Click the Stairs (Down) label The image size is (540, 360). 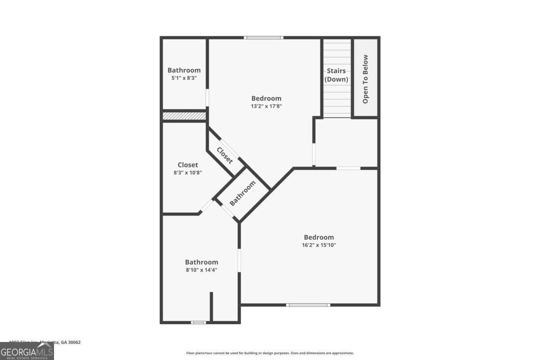(x=336, y=75)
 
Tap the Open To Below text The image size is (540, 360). (x=365, y=79)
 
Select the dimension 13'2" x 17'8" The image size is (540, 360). (x=266, y=106)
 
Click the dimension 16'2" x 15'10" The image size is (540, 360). (x=319, y=245)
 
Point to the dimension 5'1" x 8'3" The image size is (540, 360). (x=184, y=78)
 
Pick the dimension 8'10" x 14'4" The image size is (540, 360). (x=202, y=270)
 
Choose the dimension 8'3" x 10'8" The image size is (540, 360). (x=188, y=173)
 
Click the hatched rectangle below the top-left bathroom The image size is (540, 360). (x=184, y=116)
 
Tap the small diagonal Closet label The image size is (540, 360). (x=225, y=155)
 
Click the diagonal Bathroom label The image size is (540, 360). (x=243, y=193)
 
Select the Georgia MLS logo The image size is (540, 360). (x=27, y=351)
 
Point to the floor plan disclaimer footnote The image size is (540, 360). (x=270, y=353)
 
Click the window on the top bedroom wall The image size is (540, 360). (x=264, y=37)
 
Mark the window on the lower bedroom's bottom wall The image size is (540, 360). (x=308, y=305)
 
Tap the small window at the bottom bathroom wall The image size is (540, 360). (x=198, y=322)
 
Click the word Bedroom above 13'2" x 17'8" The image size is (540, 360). (x=266, y=98)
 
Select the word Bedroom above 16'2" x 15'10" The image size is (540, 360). (x=319, y=237)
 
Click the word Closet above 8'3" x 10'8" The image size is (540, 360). (x=188, y=165)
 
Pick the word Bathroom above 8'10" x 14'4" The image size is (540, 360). (x=202, y=262)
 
